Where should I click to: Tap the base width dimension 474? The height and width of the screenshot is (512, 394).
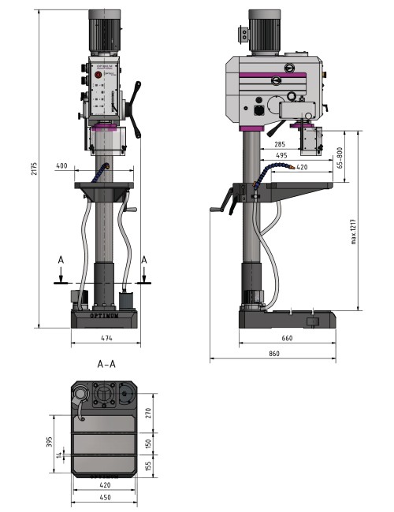point(106,339)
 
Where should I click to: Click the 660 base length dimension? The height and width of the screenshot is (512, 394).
point(286,339)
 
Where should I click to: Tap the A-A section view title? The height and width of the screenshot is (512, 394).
point(107,365)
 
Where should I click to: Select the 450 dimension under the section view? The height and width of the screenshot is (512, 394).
point(105,497)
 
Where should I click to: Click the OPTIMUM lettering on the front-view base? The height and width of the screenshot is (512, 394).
point(106,317)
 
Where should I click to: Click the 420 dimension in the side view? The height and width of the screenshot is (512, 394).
point(302,167)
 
